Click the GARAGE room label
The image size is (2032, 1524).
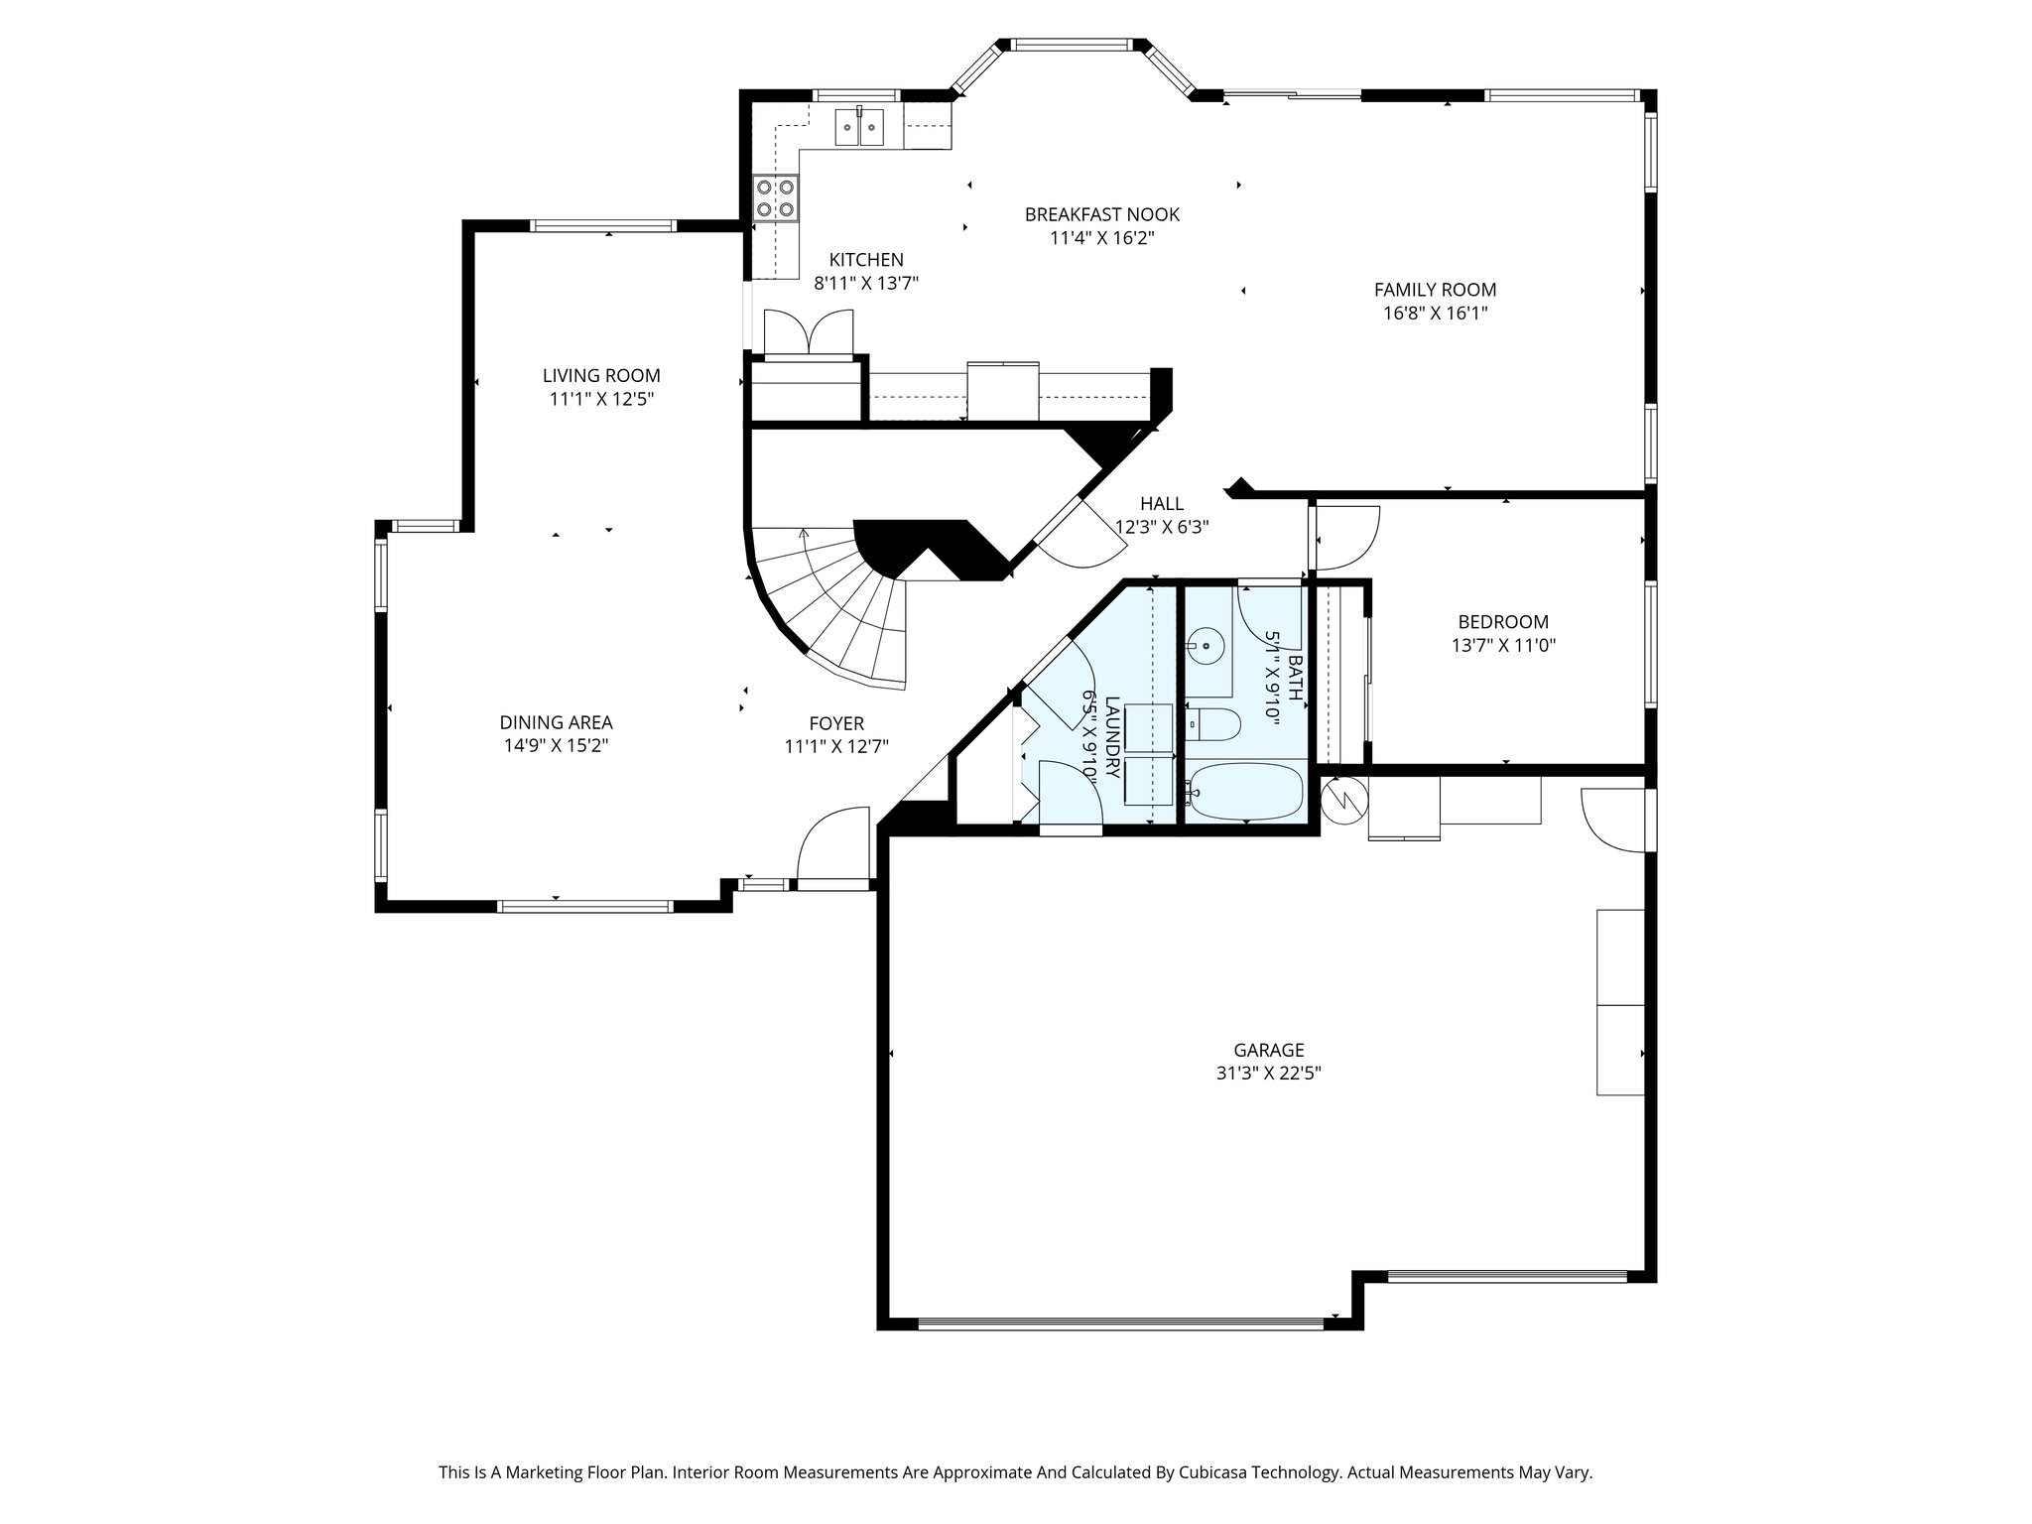(1268, 1050)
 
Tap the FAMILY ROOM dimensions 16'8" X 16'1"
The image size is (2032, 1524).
(1435, 314)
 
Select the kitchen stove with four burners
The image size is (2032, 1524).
(775, 196)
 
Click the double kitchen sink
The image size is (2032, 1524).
(859, 127)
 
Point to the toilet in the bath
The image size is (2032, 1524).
(1212, 725)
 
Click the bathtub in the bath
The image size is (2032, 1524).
(1248, 793)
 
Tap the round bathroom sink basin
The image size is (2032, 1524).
(1206, 647)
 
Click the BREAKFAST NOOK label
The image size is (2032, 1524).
(1101, 214)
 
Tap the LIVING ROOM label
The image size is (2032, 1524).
(601, 376)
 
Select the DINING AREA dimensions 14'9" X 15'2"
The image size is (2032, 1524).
(556, 746)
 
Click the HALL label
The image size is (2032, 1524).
(1162, 504)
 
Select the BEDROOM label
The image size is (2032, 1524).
(1502, 622)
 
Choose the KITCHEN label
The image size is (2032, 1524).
(866, 260)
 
